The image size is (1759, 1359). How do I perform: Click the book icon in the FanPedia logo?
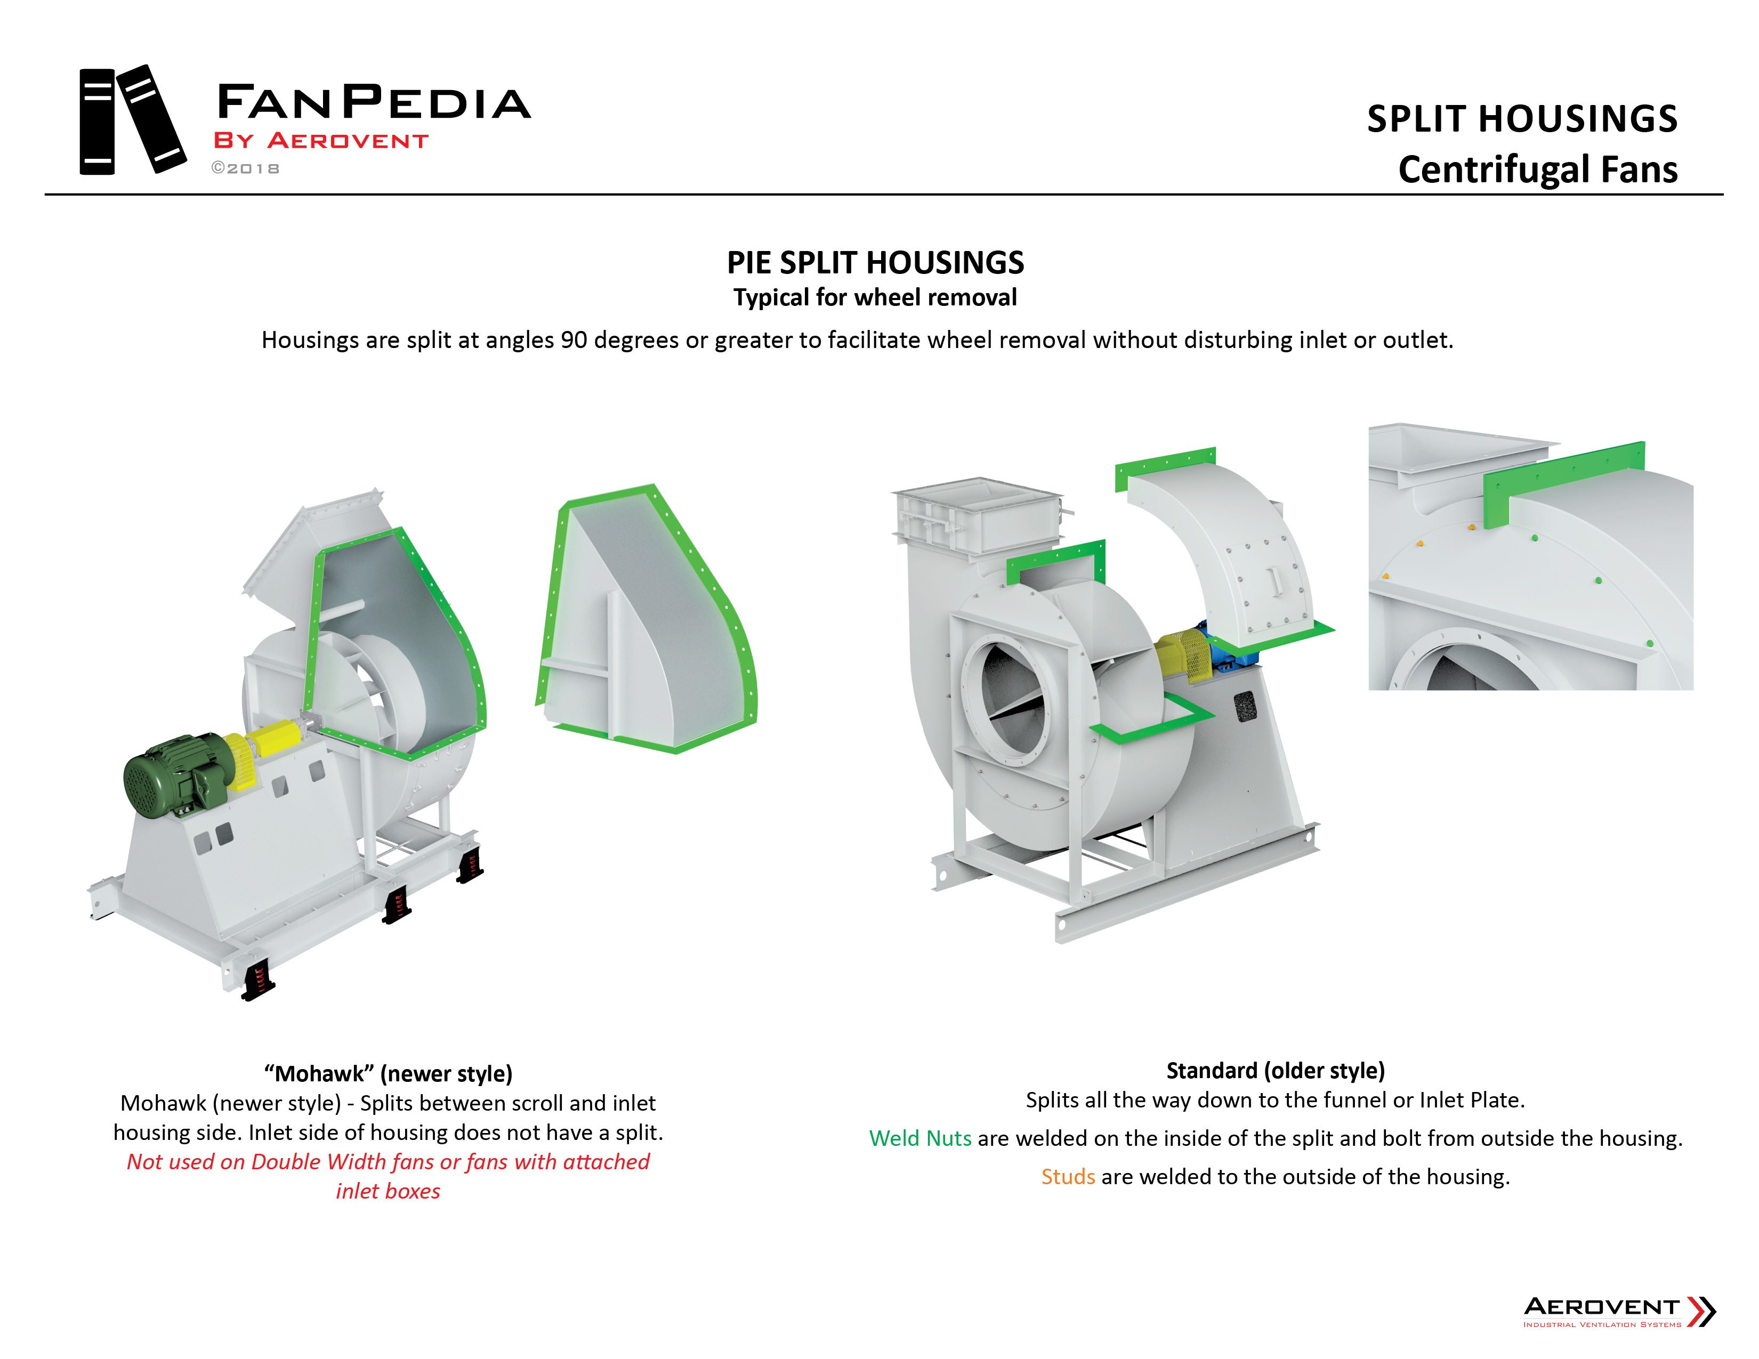(x=131, y=121)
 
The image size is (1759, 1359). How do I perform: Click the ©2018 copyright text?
(x=246, y=168)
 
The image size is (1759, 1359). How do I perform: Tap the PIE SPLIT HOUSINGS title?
(x=875, y=262)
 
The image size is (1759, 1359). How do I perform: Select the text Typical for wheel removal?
(x=875, y=298)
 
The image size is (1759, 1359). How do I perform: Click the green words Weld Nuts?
(x=920, y=1138)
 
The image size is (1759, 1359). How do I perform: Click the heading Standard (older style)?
(x=1275, y=1070)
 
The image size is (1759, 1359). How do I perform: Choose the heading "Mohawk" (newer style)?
(x=388, y=1073)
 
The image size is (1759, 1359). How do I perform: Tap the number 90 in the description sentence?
(x=574, y=340)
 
